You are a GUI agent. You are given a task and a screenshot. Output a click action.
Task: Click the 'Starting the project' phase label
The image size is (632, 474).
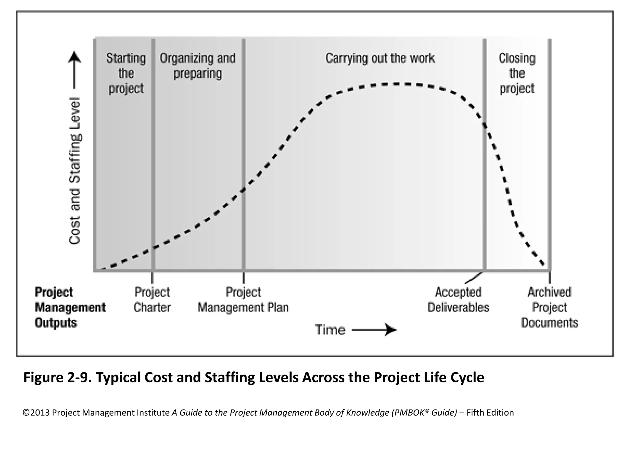point(126,73)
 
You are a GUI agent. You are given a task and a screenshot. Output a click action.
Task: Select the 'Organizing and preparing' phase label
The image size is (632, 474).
point(197,66)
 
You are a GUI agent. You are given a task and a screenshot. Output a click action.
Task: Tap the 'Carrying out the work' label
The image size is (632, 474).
point(380,58)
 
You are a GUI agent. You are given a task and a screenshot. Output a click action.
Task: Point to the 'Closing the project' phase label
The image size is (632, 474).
point(517,73)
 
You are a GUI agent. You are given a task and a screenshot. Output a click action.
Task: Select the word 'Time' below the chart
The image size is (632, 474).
point(330,330)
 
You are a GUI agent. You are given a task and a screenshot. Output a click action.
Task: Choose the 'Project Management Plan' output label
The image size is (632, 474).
point(243,300)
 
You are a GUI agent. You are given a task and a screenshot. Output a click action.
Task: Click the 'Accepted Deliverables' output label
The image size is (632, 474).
point(458,300)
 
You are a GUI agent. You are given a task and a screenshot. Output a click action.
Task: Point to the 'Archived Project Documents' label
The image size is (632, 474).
point(549,307)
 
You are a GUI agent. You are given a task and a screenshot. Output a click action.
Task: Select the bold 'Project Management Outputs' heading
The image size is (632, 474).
point(70,307)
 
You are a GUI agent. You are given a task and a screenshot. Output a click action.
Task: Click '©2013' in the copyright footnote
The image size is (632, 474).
point(36,413)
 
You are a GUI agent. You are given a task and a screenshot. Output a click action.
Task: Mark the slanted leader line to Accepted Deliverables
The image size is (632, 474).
point(474,278)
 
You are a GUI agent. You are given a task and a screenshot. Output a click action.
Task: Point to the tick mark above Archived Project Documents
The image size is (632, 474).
point(550,277)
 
